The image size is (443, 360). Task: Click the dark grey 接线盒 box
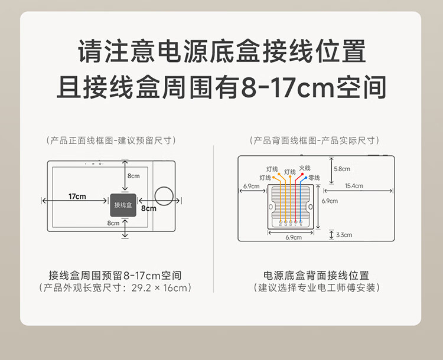123,204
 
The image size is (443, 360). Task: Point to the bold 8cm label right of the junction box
148,208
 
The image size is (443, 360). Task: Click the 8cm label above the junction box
133,176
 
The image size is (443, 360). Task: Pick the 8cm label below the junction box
113,223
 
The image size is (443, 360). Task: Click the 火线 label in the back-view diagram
304,168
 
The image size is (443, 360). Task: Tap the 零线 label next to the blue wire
314,177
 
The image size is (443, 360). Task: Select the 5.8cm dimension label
342,169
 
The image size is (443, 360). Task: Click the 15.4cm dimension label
354,186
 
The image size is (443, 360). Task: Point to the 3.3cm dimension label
344,235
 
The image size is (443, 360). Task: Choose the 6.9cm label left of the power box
251,186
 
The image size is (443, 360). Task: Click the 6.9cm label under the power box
293,237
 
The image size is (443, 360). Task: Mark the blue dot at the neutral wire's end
305,178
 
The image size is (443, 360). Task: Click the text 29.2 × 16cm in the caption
159,288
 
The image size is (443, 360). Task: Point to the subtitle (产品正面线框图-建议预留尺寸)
111,140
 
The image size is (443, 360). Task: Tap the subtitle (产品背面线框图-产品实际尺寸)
315,140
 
